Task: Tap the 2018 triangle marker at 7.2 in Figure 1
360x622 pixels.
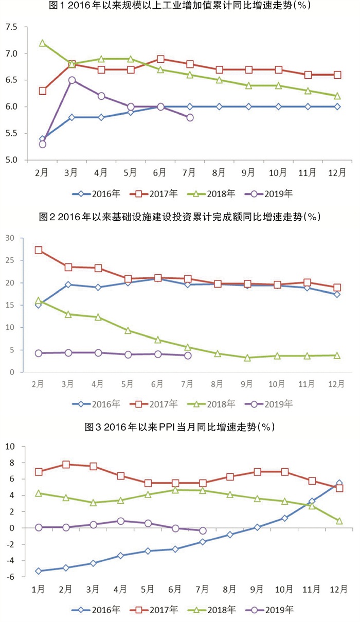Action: pos(43,43)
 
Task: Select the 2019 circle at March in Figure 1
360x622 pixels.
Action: pos(72,80)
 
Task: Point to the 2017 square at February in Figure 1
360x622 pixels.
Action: pos(43,91)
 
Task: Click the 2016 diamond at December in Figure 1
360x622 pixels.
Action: pos(337,106)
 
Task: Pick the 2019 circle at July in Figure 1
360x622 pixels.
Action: pos(190,117)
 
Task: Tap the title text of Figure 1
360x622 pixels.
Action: pos(180,6)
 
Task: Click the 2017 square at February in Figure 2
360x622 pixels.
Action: pos(39,250)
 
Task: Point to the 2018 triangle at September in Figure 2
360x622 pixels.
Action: pos(247,358)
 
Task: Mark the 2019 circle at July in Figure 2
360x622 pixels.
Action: pos(188,356)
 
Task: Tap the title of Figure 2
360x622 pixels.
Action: pos(180,217)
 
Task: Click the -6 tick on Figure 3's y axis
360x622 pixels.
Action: pos(9,577)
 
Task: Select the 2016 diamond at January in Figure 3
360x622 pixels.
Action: pos(39,571)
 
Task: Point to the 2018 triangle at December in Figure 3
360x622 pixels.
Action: pos(339,521)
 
